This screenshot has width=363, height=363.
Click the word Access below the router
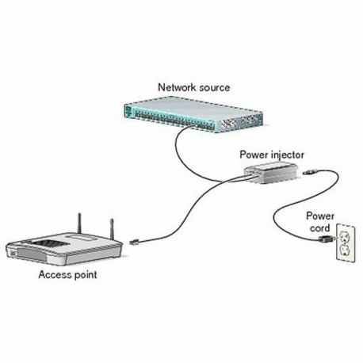[54, 276]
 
